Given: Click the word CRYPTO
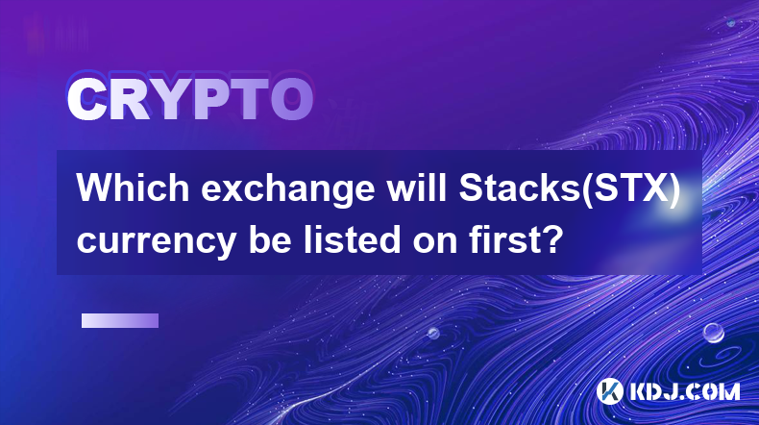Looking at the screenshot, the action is pyautogui.click(x=190, y=99).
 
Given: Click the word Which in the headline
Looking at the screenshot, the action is pyautogui.click(x=133, y=188).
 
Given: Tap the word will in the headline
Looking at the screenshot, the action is pyautogui.click(x=416, y=188).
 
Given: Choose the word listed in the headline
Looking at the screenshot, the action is pyautogui.click(x=353, y=239).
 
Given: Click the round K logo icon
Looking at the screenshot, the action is pyautogui.click(x=609, y=391).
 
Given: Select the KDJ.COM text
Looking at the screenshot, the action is pyautogui.click(x=684, y=391).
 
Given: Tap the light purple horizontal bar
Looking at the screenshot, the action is pyautogui.click(x=120, y=320).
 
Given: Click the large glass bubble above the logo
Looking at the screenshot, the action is pyautogui.click(x=713, y=333).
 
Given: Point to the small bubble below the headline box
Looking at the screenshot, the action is pyautogui.click(x=433, y=334).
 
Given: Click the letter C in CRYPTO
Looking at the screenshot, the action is pyautogui.click(x=87, y=99).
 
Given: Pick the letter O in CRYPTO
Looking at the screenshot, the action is pyautogui.click(x=291, y=99).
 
